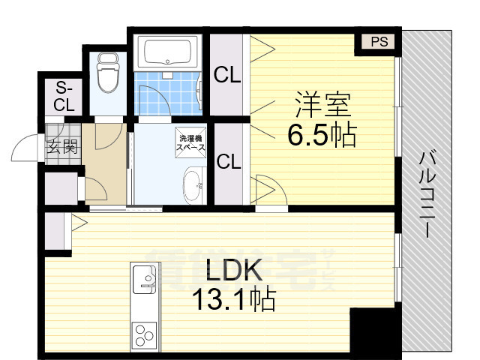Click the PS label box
coord(379,42)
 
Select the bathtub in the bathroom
coord(169,52)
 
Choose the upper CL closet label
coord(228,75)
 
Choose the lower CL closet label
coord(228,162)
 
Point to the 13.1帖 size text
coord(232,301)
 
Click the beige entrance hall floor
coord(101,161)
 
